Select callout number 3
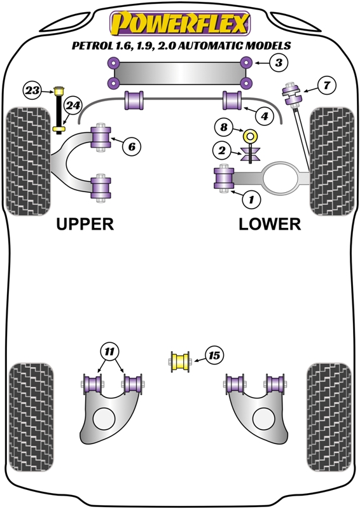click(278, 62)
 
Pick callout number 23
click(32, 90)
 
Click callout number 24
click(74, 105)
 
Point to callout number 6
click(131, 147)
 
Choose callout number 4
click(264, 116)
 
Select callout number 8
click(224, 127)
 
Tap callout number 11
click(109, 351)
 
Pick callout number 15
click(214, 356)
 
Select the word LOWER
click(270, 224)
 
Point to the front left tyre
click(27, 162)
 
